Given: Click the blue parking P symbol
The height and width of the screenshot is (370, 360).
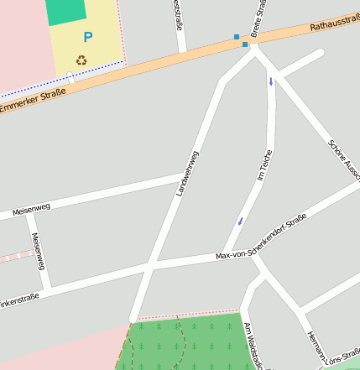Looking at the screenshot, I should coord(87,37).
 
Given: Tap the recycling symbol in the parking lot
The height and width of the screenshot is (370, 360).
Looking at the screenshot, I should coord(81,60).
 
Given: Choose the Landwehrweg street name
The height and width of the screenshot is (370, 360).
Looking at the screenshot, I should coord(186,174).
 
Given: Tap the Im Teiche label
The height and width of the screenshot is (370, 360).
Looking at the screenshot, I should coord(265,165).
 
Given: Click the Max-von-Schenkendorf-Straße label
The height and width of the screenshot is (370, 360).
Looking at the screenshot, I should coord(261,237).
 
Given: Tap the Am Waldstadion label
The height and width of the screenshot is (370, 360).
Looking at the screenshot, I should coord(249,345).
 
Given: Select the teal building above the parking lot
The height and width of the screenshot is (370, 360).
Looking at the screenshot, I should coord(65,11).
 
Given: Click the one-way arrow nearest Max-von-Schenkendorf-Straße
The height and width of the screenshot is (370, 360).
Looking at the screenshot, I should coord(241,221).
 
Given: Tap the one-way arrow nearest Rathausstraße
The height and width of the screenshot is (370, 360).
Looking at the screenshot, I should coord(270,81).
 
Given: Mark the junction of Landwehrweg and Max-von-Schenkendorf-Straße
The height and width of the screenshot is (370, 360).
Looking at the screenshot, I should coord(152,267).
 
